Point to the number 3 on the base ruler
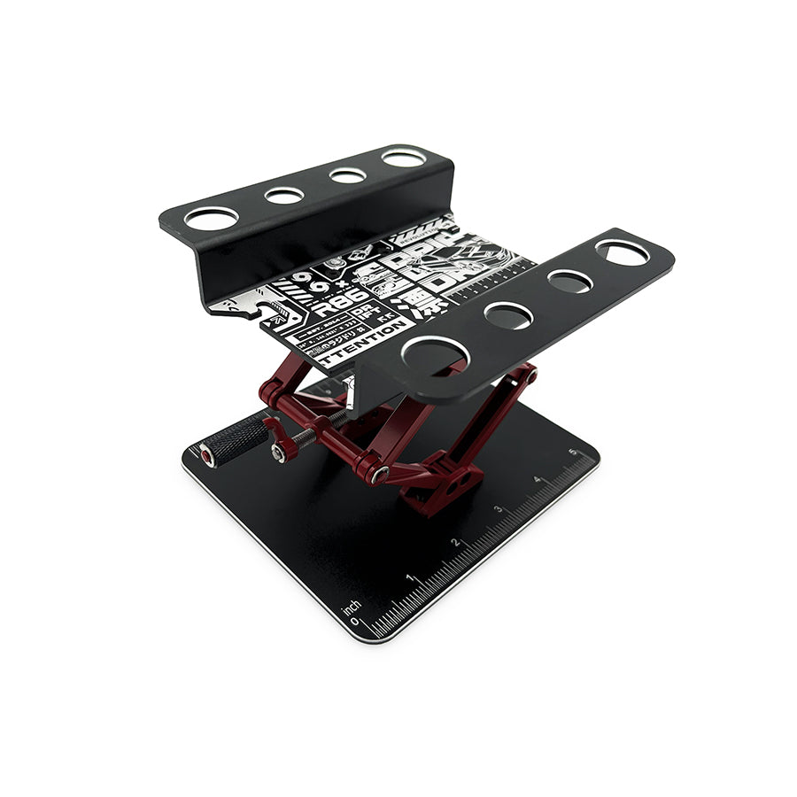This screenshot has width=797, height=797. [x=499, y=509]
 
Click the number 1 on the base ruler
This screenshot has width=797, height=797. [x=409, y=577]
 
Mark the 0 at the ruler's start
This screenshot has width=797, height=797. [x=355, y=622]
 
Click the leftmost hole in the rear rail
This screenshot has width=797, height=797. [x=212, y=218]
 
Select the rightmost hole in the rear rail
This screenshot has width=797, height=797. [x=404, y=159]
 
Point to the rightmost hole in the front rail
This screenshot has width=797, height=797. [x=623, y=252]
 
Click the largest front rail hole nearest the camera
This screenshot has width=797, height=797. [x=434, y=353]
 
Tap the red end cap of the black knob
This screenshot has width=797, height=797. [x=206, y=456]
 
